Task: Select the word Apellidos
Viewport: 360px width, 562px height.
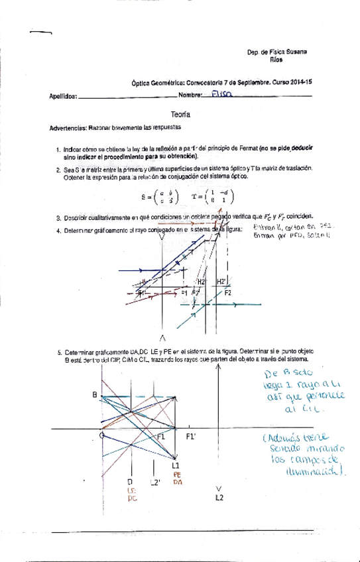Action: click(63, 97)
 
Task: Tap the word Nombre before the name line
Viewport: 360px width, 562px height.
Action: click(190, 97)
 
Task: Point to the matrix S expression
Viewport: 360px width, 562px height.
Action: click(162, 196)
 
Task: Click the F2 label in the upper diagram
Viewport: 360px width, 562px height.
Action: click(227, 292)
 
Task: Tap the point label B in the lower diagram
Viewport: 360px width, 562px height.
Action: click(95, 396)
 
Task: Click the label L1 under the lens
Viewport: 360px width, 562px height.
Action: click(176, 466)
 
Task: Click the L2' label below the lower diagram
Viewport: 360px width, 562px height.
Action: click(155, 482)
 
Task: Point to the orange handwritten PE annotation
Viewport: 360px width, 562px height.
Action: click(177, 475)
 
